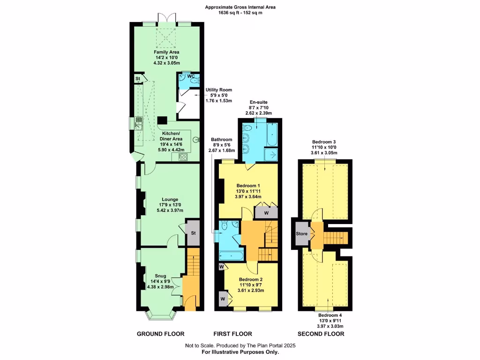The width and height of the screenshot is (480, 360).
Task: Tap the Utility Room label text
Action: (x=218, y=90)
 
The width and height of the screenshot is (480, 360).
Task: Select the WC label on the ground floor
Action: (x=191, y=76)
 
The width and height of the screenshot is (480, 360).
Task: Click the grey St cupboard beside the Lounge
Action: (x=193, y=233)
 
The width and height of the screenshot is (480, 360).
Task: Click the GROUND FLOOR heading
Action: (x=160, y=334)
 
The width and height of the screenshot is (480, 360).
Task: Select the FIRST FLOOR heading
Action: (x=233, y=334)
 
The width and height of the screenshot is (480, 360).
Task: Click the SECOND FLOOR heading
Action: (x=321, y=334)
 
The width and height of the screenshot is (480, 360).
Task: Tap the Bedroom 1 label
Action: (x=248, y=185)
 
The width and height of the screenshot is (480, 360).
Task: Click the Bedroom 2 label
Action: (x=251, y=279)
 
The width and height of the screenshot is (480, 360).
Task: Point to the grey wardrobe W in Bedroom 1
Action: (x=266, y=212)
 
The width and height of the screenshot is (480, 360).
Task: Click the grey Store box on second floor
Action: (x=301, y=233)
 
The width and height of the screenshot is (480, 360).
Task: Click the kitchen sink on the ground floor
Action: (x=138, y=124)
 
